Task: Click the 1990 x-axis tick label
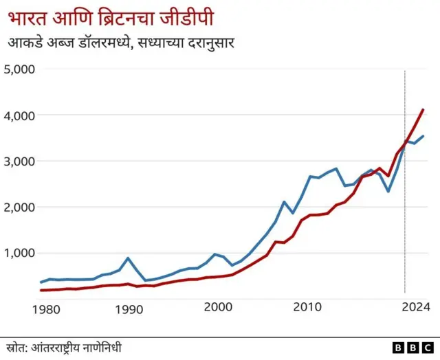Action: [129, 309]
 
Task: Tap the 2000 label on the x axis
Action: [219, 309]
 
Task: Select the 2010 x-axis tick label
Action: [307, 309]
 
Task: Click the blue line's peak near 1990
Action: [128, 258]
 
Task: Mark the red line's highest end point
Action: [423, 109]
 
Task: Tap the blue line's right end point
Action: [423, 136]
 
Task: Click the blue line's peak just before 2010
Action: [284, 201]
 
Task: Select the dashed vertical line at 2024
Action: [405, 206]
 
